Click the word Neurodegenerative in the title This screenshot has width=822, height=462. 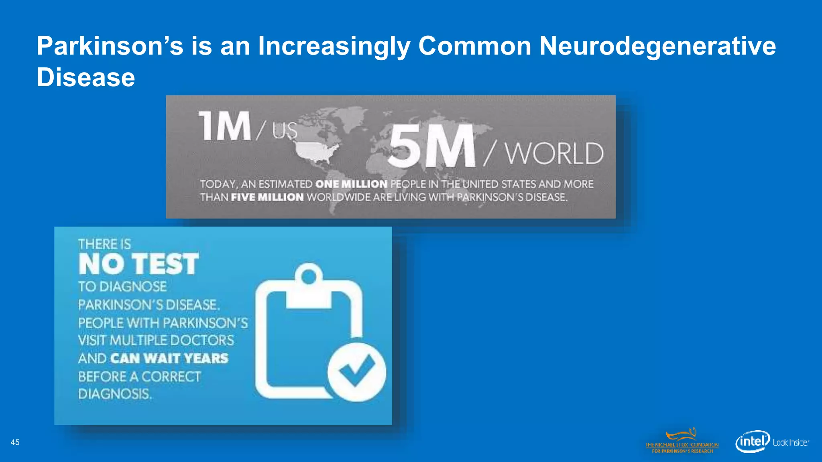pos(657,47)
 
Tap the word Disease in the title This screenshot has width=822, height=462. pos(86,77)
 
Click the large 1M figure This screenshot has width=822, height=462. pos(225,126)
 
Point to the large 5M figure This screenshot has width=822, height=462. pos(431,146)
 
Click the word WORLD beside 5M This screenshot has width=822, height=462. pos(554,154)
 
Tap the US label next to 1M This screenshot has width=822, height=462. pos(285,130)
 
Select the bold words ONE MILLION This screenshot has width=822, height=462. pos(351,184)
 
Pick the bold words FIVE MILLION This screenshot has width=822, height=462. pos(267,197)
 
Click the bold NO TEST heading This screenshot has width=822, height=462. pos(138,264)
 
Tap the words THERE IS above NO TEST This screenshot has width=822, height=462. pos(104,244)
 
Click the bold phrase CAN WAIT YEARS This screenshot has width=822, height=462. pos(169,358)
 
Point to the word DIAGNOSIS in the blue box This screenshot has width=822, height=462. pos(115,394)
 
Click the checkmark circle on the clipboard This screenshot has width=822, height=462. pos(356,372)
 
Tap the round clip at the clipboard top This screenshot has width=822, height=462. pos(309,276)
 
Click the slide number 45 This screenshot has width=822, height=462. pos(15,442)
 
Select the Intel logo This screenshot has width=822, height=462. pos(752,442)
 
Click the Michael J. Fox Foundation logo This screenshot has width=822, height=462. pos(682,442)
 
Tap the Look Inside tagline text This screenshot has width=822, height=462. pos(791,442)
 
